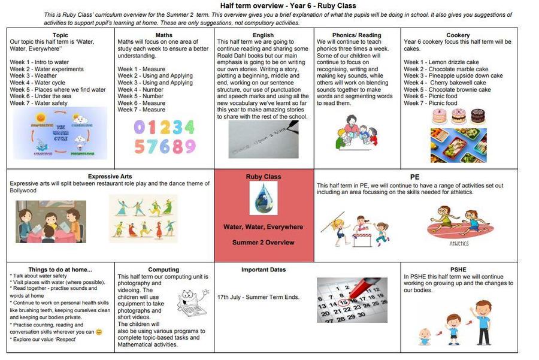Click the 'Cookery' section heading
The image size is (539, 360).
(458, 35)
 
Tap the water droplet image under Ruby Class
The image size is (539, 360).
(263, 199)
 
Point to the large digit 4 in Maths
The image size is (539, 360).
(187, 127)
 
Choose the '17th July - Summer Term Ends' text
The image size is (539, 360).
(258, 297)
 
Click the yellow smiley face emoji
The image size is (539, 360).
(99, 331)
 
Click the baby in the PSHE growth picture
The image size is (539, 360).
(425, 336)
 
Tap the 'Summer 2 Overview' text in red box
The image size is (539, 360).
(263, 243)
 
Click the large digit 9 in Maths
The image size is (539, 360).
(189, 146)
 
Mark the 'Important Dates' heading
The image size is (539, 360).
(263, 270)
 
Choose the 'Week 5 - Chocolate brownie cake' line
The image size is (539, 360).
(447, 90)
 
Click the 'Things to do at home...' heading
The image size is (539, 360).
(60, 270)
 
